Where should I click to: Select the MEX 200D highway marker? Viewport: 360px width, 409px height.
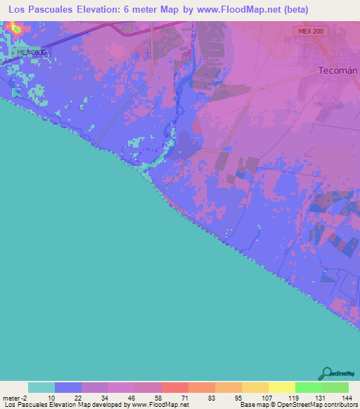(x=31, y=52)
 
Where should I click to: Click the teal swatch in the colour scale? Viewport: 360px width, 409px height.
(x=41, y=387)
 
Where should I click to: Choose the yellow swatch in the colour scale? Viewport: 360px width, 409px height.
(x=282, y=387)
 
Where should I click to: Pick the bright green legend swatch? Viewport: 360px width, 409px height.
(x=309, y=387)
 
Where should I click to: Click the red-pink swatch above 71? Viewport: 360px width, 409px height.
(x=175, y=387)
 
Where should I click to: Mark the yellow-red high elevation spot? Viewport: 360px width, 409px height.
(x=12, y=27)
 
